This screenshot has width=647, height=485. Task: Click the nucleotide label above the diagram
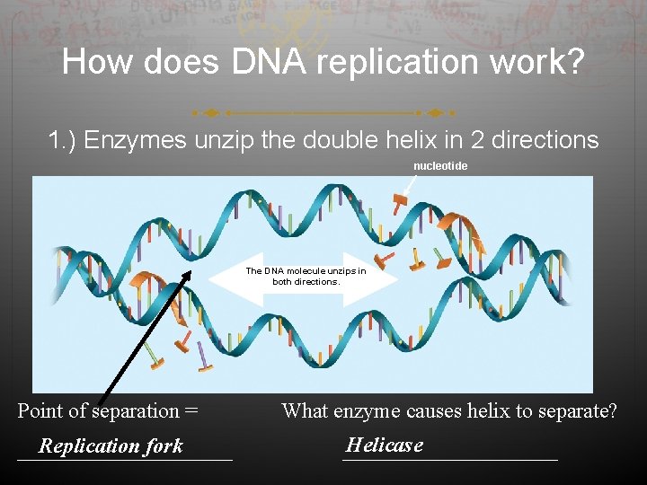click(x=440, y=166)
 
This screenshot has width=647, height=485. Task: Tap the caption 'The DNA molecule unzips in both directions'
click(x=306, y=276)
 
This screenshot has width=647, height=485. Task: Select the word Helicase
click(x=384, y=445)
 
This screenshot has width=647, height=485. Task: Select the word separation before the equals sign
click(x=136, y=411)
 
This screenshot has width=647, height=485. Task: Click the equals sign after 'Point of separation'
click(x=191, y=411)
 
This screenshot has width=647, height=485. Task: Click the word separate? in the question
click(x=576, y=411)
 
